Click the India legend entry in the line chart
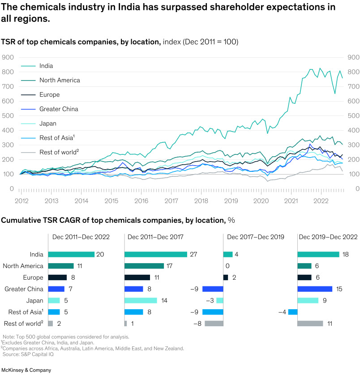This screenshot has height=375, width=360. (46, 66)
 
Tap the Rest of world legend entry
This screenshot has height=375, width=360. (59, 152)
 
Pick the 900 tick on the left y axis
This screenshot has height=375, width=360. (8, 57)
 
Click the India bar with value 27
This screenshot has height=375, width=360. (155, 254)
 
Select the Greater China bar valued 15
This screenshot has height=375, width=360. (315, 289)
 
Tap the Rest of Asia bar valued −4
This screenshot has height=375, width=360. (293, 312)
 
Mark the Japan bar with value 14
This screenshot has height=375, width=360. (141, 300)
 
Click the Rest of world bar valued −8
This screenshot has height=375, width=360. (214, 323)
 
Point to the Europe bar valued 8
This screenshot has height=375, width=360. (57, 277)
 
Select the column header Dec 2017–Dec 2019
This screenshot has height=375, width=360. (256, 237)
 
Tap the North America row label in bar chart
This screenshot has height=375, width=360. (23, 266)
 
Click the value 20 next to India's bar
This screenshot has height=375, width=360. (100, 254)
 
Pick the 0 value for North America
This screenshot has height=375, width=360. (227, 266)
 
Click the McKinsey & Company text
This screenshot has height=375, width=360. (26, 370)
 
